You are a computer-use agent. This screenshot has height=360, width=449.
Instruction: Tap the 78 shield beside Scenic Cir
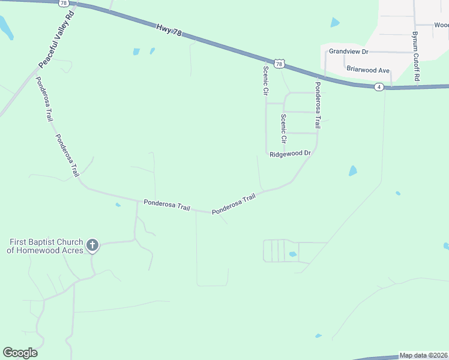click(279, 63)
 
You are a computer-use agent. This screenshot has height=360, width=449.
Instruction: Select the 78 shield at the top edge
click(64, 3)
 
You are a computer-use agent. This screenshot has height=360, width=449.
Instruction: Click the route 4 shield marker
click(379, 87)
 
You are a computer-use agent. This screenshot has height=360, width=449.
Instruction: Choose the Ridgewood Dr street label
click(290, 154)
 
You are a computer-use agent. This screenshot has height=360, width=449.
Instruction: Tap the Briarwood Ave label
click(368, 70)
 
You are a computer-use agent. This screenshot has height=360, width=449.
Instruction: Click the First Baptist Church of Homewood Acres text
click(45, 246)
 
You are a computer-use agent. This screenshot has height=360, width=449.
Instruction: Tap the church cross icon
click(92, 244)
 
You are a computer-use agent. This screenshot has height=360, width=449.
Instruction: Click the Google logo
click(20, 353)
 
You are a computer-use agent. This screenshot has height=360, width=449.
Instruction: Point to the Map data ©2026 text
click(423, 355)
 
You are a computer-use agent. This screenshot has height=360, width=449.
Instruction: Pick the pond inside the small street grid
click(292, 254)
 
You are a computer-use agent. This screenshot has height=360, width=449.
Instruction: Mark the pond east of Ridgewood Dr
click(353, 170)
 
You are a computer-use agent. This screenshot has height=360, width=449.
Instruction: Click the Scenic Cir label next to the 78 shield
click(265, 80)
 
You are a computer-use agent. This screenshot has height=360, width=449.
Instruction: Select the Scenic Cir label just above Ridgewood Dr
click(283, 128)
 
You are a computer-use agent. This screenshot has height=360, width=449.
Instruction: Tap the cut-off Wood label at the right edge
click(441, 25)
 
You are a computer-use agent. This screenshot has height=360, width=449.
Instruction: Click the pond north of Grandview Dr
click(334, 23)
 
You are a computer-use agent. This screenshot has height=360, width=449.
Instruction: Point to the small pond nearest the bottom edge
click(318, 335)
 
